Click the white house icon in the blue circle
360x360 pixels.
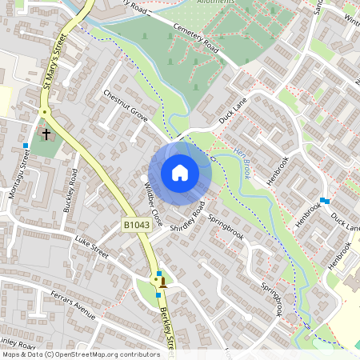(x=180, y=172)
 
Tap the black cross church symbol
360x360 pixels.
(x=46, y=134)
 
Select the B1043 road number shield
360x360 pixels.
(x=137, y=226)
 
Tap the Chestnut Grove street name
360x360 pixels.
(x=126, y=105)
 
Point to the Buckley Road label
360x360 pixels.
(x=70, y=190)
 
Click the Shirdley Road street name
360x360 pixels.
(x=187, y=217)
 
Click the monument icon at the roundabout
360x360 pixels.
(x=163, y=281)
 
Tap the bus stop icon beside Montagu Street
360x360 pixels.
(x=26, y=146)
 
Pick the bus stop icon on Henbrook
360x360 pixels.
(x=323, y=200)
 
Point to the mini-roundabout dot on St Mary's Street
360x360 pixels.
(x=46, y=112)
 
